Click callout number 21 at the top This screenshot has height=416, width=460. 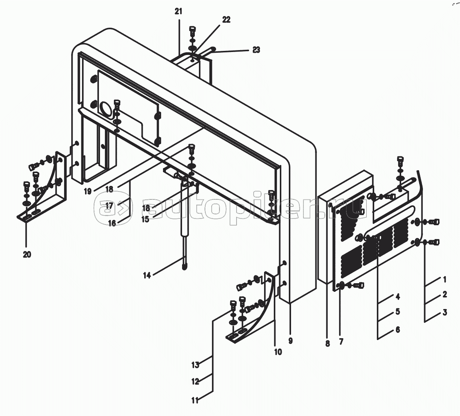[178, 11]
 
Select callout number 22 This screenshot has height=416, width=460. [226, 20]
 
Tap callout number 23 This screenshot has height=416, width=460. [256, 50]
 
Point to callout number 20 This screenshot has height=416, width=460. [27, 254]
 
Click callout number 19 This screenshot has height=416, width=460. [88, 191]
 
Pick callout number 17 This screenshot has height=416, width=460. [109, 205]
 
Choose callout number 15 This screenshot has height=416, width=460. [145, 219]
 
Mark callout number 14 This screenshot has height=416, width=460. [147, 275]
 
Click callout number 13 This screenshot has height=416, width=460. [196, 365]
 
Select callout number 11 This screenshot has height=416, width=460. [195, 401]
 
